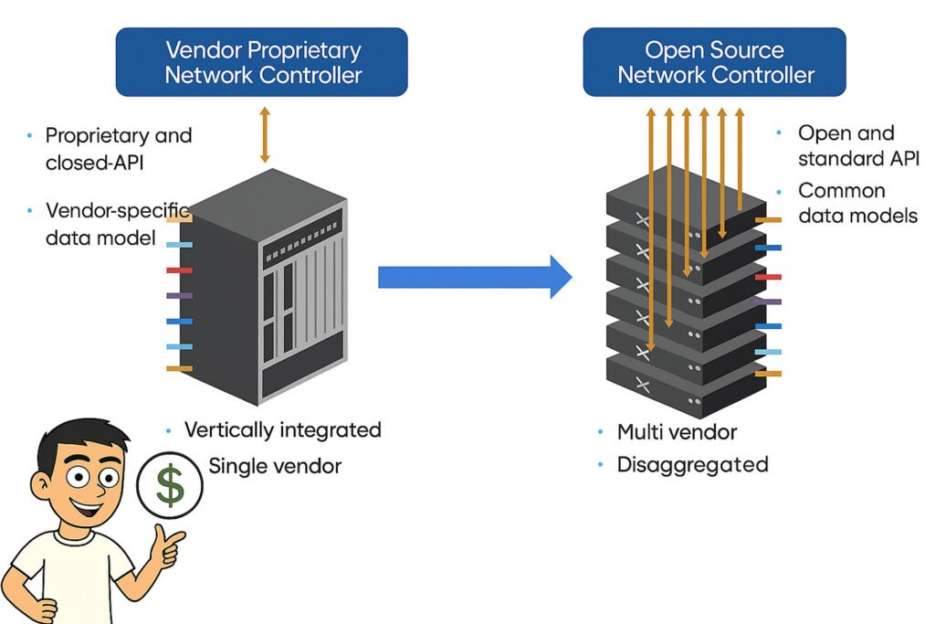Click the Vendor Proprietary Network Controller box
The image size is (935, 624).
[262, 62]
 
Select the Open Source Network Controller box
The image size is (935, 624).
[715, 62]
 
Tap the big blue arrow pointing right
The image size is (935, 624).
[475, 276]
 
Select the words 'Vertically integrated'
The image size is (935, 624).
[282, 429]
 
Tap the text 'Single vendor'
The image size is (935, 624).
[275, 466]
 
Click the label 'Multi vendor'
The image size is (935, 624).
[677, 432]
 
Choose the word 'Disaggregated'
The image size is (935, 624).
[692, 464]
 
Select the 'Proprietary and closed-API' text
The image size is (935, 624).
[119, 148]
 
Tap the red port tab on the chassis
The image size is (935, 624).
[178, 270]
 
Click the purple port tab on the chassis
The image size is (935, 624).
[178, 296]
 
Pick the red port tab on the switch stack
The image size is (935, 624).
[769, 276]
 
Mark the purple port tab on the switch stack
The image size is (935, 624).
[769, 301]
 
